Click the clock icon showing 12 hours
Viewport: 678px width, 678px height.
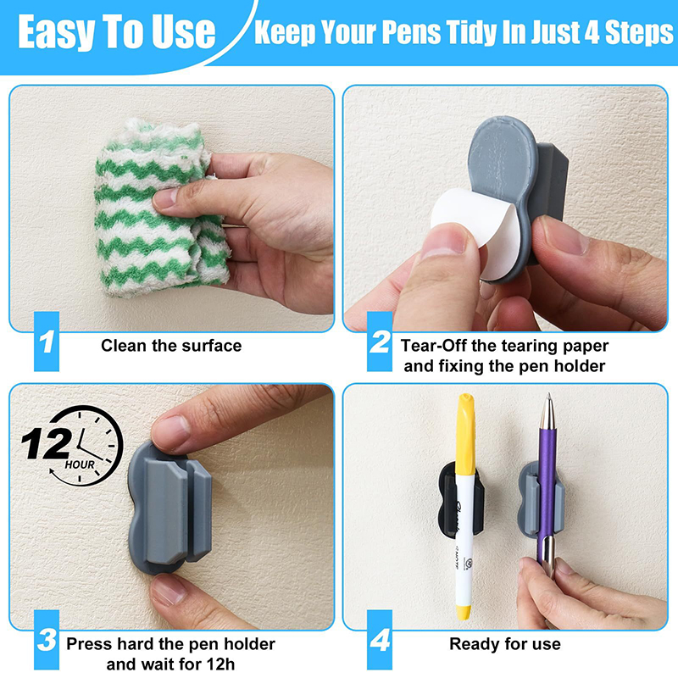(81, 445)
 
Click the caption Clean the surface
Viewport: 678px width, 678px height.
(171, 345)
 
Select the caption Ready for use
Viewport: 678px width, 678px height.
(504, 644)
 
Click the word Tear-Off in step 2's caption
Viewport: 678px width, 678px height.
(436, 345)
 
